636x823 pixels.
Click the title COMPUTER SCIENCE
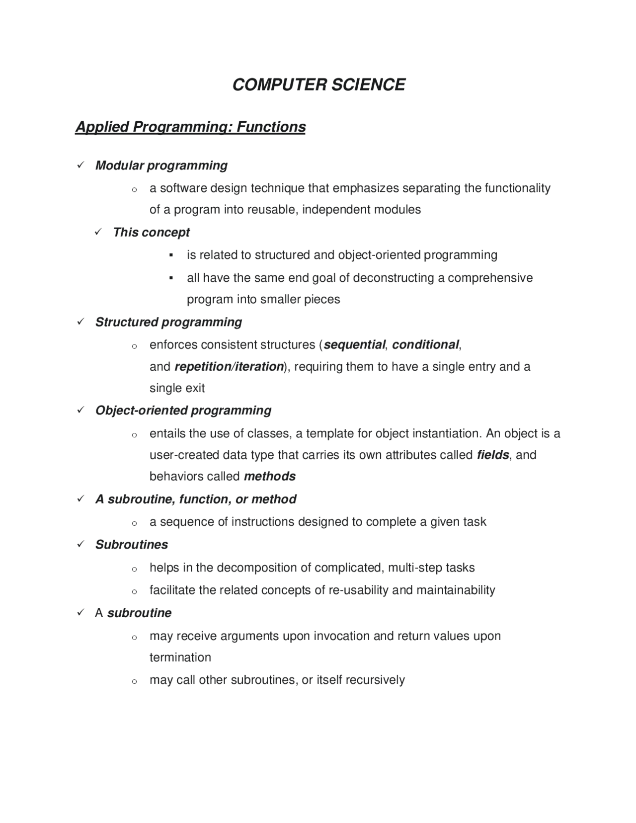coord(318,84)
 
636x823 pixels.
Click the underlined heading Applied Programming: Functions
coord(190,127)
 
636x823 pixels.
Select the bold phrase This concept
coord(151,232)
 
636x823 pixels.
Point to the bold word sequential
coord(354,344)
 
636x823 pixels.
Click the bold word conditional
coord(425,344)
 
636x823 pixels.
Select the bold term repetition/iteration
coord(229,366)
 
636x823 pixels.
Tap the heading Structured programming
coord(168,322)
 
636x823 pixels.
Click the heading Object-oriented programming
coord(183,410)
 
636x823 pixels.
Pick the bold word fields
coord(492,455)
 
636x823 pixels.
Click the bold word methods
coord(269,476)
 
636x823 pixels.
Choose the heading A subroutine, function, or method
coord(196,499)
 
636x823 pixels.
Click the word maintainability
coord(455,590)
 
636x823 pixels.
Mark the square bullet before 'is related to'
coord(171,255)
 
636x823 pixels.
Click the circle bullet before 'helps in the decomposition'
coord(134,569)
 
